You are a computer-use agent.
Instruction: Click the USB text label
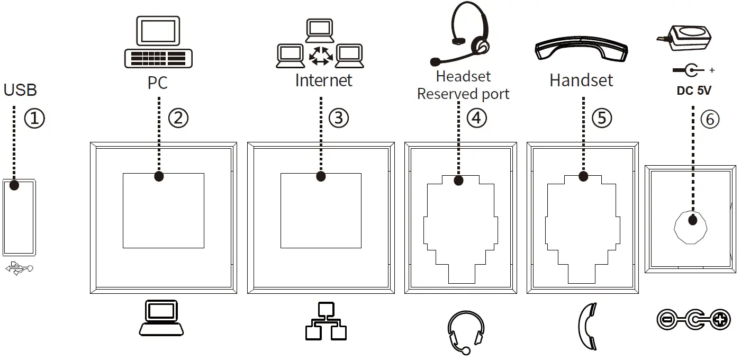tap(20, 90)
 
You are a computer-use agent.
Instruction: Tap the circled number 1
tap(34, 118)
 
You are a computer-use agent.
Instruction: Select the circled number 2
tap(178, 118)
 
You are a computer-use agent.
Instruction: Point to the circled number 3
tap(339, 118)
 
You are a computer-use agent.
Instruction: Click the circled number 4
tap(476, 118)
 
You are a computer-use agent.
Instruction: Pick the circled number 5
tap(601, 118)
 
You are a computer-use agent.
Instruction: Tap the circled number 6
tap(710, 120)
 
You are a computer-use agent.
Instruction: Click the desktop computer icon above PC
tap(158, 42)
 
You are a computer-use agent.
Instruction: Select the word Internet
tap(323, 80)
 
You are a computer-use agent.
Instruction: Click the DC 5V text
tap(694, 91)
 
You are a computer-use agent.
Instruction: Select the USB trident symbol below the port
tap(20, 269)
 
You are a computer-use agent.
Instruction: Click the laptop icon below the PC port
tap(161, 318)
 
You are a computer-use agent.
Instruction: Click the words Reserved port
tap(463, 94)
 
